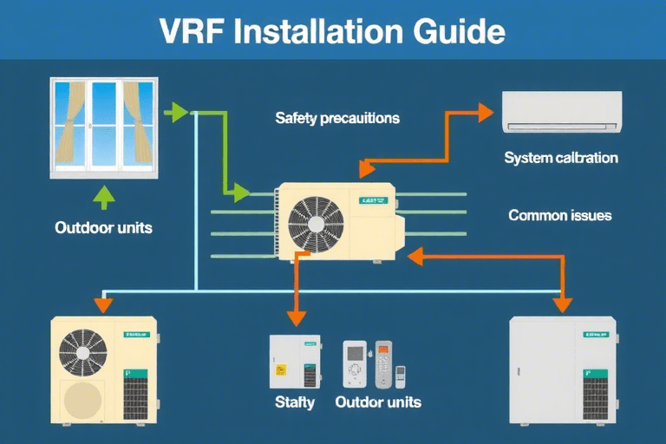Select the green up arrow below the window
(104, 199)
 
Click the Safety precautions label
(337, 118)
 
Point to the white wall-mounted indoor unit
(562, 113)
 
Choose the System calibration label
(561, 159)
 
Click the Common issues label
(559, 215)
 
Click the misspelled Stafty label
(295, 402)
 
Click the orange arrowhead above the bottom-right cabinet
(562, 304)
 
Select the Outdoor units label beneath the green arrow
(103, 228)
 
